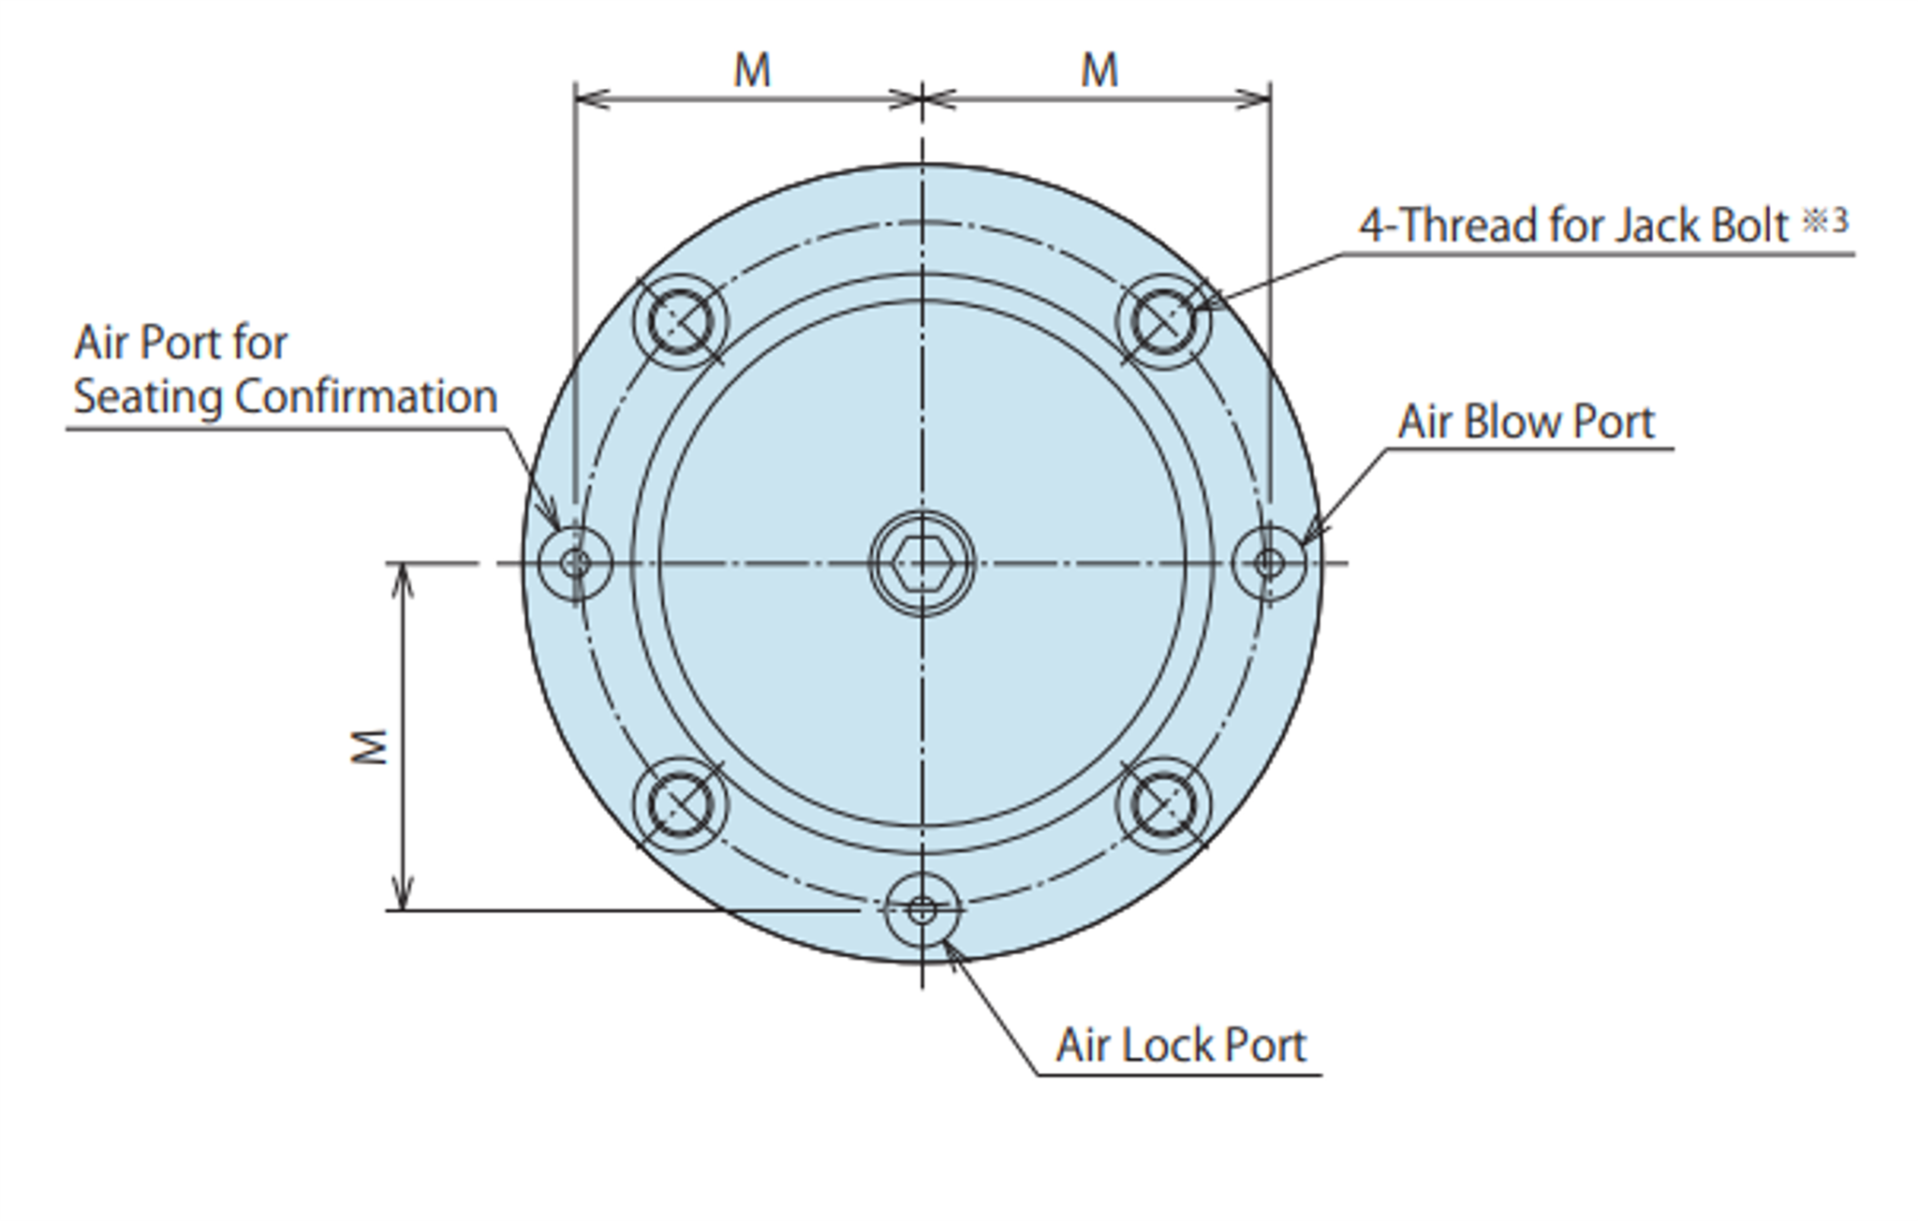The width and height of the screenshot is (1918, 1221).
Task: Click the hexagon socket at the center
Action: [x=922, y=564]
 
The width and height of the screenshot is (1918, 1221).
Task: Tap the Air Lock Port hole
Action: [x=922, y=909]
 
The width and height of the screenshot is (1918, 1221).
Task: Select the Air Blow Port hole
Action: [x=1269, y=563]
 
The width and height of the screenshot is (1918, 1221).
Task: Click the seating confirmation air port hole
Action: [x=575, y=563]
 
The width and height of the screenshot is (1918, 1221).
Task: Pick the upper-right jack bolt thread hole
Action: [x=1163, y=321]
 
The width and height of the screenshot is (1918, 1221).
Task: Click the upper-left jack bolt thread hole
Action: [x=681, y=321]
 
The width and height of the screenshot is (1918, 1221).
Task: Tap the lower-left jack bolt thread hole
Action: [x=681, y=804]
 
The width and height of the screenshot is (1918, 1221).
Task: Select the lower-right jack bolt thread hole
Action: [x=1163, y=804]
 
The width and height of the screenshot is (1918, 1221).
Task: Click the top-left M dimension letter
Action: [x=752, y=70]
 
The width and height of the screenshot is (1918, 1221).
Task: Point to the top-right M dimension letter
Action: [x=1099, y=70]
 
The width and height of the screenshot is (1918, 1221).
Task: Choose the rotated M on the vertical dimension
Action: [x=370, y=746]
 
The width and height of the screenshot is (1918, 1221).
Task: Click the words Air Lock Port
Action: [x=1180, y=1045]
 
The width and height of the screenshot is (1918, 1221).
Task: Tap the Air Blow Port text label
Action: [x=1526, y=421]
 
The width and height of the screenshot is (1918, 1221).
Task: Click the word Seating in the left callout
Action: [x=148, y=397]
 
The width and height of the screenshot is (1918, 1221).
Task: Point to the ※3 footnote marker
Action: [x=1825, y=221]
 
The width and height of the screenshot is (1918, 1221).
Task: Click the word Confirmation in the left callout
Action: [x=365, y=397]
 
